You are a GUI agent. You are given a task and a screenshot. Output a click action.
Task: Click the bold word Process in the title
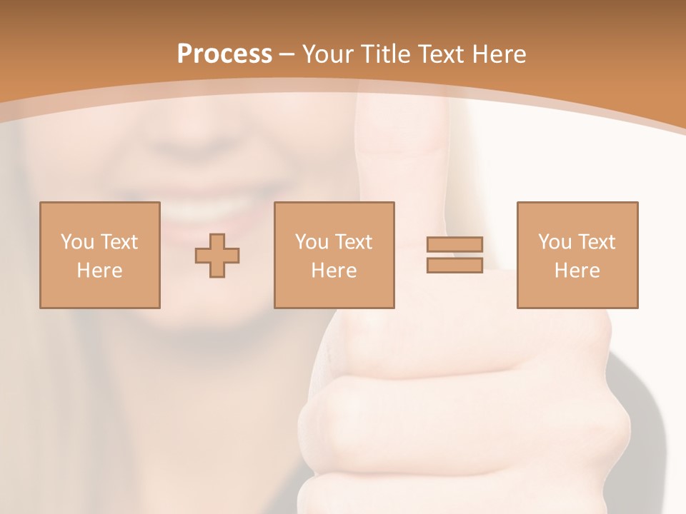[224, 54]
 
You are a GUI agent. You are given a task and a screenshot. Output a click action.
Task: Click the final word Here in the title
[499, 54]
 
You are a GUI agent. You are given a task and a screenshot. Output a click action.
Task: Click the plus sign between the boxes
[217, 255]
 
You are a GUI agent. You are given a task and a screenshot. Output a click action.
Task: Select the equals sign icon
[454, 255]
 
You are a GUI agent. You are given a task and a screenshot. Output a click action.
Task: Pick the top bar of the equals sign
[454, 245]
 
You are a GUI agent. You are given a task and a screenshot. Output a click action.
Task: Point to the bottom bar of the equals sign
[454, 265]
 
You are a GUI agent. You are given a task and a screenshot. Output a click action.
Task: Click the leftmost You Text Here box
[100, 255]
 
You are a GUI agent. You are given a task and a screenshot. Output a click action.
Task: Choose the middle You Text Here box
[334, 255]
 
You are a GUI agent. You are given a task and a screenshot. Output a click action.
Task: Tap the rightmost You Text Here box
[577, 255]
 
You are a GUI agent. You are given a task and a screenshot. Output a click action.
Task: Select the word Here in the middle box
[334, 271]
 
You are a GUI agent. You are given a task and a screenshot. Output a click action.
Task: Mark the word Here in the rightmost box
[577, 271]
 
